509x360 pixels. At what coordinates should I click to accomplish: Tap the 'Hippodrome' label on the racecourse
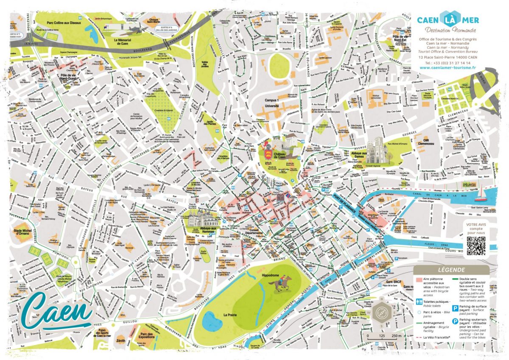pos(270,275)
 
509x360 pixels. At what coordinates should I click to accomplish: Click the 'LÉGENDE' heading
pos(450,270)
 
